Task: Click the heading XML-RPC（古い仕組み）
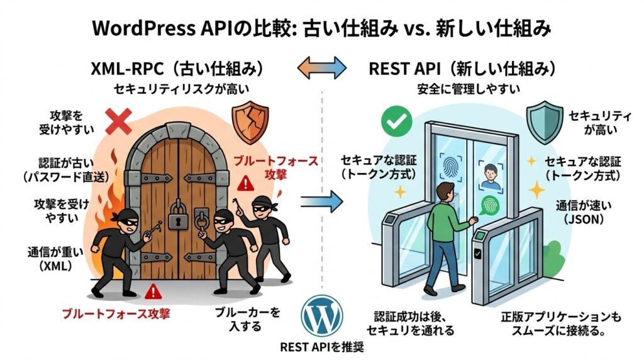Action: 177,67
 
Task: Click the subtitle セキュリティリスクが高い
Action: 176,89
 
